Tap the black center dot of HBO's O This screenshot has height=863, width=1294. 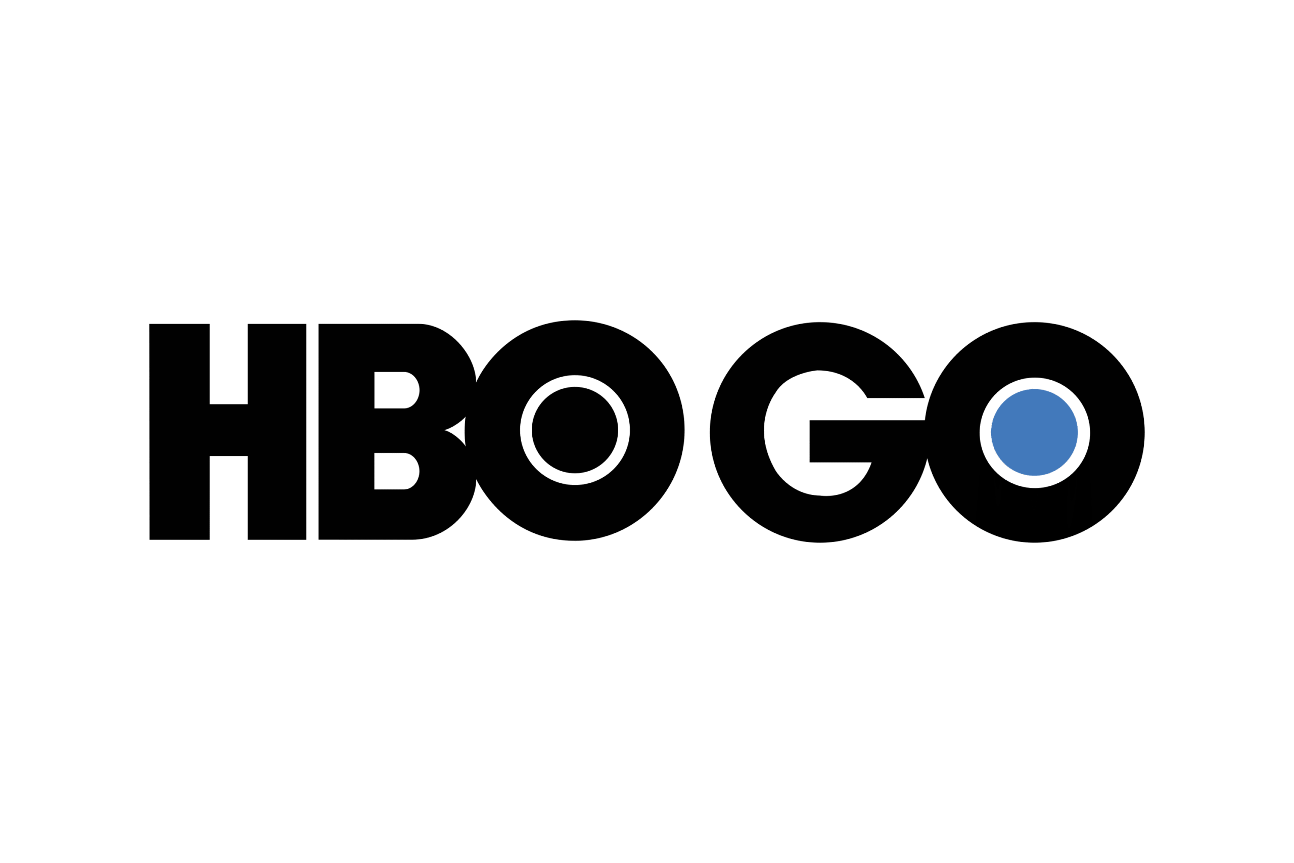click(574, 430)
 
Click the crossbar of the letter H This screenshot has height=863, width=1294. click(228, 430)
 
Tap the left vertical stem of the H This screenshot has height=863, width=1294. click(179, 432)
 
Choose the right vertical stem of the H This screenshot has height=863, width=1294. click(276, 432)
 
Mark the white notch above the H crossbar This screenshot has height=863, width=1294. click(228, 364)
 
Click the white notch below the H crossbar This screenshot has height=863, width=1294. click(228, 497)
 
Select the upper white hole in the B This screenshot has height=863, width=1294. click(396, 390)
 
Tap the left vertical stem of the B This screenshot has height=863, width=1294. click(346, 432)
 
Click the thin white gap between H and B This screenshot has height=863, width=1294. click(312, 432)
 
